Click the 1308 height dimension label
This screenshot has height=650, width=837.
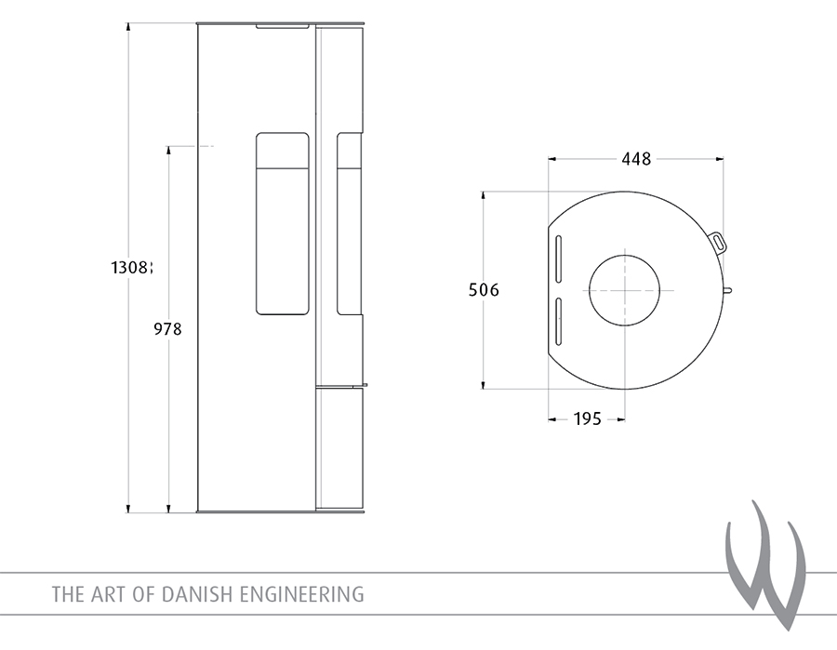(x=129, y=268)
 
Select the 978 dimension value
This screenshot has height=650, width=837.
(x=168, y=328)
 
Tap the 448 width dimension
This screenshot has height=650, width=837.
(x=636, y=159)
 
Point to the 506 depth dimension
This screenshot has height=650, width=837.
(x=484, y=290)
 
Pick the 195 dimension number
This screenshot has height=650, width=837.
(x=587, y=419)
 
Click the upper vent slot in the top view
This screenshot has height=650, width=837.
(x=559, y=259)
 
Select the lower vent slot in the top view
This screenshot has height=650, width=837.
(x=559, y=321)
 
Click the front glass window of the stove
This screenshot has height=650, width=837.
(x=283, y=222)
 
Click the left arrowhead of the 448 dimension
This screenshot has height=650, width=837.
(x=551, y=159)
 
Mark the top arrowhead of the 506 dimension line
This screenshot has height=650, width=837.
(x=484, y=195)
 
